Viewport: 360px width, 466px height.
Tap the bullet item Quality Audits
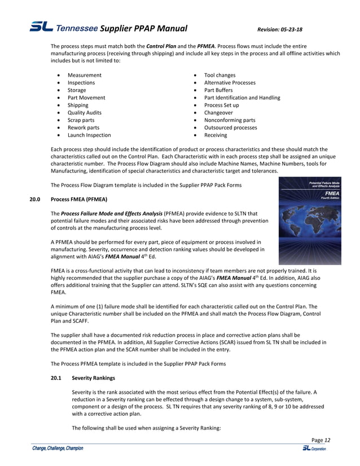[84, 112]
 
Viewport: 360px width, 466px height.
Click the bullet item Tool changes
[219, 75]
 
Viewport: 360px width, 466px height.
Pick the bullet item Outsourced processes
[230, 128]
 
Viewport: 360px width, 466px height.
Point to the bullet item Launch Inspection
[89, 135]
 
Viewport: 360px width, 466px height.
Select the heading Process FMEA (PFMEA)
[78, 199]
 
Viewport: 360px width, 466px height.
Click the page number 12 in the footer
[327, 440]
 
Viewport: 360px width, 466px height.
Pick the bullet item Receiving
[216, 135]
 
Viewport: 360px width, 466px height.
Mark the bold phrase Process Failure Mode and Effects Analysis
[111, 214]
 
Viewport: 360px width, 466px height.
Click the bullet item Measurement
[85, 75]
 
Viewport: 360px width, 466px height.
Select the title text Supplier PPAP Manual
[144, 29]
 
